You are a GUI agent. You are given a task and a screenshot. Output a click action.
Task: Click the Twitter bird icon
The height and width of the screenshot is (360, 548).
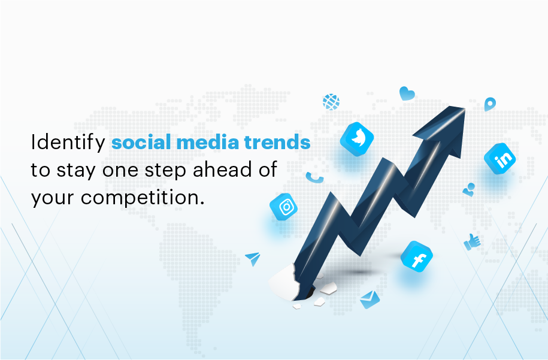[x=357, y=139]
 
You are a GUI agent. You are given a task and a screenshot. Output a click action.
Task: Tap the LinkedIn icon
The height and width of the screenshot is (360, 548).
[x=499, y=159]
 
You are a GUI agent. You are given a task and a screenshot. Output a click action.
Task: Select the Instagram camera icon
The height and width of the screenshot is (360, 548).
[x=284, y=207]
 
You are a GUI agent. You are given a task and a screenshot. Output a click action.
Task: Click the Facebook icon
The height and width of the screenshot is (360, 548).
[x=417, y=256]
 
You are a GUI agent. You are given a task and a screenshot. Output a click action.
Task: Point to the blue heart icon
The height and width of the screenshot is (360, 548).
[x=407, y=93]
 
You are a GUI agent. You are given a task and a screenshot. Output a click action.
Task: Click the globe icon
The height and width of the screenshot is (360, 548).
[x=331, y=102]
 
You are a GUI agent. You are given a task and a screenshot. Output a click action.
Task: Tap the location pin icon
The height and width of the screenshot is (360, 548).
[x=490, y=104]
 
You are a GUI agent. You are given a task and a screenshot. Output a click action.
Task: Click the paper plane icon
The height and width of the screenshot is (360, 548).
[x=253, y=258]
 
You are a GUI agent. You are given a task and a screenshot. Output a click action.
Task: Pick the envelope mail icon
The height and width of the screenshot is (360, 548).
[x=370, y=300]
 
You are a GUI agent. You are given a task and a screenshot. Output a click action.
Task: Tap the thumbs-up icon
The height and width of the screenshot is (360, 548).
[x=472, y=242]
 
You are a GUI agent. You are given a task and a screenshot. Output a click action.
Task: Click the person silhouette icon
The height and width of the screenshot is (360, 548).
[x=469, y=189]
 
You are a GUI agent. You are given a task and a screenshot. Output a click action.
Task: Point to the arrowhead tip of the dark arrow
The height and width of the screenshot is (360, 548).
[x=465, y=108]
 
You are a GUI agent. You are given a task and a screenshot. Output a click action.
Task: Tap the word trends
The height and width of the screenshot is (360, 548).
[x=277, y=143]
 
